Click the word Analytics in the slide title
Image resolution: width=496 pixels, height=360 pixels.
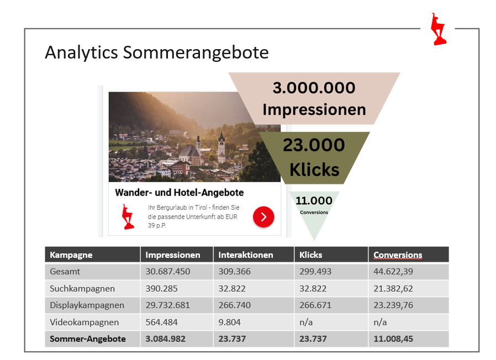(81, 52)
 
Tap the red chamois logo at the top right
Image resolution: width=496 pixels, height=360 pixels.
(439, 29)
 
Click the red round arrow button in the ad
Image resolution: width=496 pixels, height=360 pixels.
(263, 217)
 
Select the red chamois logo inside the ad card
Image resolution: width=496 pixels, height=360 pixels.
(128, 216)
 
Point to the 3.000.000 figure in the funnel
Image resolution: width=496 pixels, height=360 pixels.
(314, 88)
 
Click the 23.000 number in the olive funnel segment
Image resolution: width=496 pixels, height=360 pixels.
(314, 145)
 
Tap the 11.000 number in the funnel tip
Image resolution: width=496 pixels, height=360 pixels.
(314, 200)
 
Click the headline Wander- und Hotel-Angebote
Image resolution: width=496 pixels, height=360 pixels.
(180, 192)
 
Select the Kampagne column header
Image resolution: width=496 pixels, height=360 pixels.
(71, 255)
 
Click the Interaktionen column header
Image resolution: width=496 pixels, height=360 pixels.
(246, 255)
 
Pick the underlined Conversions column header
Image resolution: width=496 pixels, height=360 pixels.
(398, 255)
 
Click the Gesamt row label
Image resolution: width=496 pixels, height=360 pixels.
(65, 272)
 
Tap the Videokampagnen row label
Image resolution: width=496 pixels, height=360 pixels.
(85, 322)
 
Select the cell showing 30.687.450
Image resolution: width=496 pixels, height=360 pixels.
(168, 272)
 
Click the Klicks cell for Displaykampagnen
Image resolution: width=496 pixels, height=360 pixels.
(315, 305)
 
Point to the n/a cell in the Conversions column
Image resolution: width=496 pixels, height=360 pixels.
(380, 322)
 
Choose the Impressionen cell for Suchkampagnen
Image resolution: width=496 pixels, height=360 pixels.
(161, 289)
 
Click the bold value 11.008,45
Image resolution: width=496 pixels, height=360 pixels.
(393, 339)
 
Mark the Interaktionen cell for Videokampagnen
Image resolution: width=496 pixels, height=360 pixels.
(229, 322)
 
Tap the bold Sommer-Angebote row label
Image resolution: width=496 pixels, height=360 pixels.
(88, 339)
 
